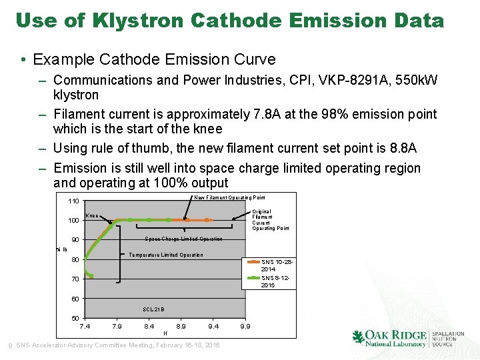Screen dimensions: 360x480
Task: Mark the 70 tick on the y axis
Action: (75, 279)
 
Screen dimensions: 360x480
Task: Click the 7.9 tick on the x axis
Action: (117, 327)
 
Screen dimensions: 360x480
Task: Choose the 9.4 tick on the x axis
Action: (213, 327)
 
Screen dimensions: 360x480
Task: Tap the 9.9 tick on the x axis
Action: (245, 327)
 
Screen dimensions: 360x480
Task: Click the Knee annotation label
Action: (92, 216)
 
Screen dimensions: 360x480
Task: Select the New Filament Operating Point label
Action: (229, 197)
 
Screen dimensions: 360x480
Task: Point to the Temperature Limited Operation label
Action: (165, 255)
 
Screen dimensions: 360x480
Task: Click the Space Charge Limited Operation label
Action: (183, 239)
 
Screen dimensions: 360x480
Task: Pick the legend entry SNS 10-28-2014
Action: (276, 265)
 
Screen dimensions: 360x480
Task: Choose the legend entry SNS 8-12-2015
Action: (276, 281)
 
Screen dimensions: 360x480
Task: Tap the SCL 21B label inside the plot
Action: (153, 309)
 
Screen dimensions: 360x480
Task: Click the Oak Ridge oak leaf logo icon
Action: (359, 338)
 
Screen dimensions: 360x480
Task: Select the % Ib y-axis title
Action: (61, 249)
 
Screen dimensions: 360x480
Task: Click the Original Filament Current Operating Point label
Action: (270, 220)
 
